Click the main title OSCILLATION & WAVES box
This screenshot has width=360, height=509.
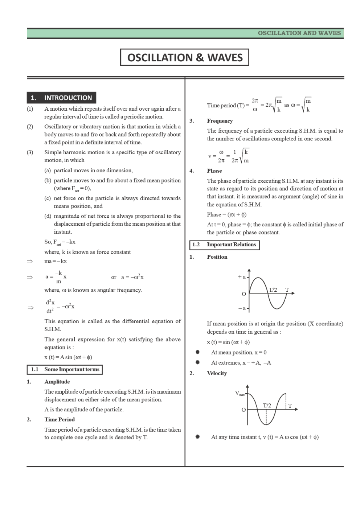184,58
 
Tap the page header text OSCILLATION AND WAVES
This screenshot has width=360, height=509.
299,33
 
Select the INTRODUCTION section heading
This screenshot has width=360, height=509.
61,98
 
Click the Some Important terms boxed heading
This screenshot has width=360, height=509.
65,369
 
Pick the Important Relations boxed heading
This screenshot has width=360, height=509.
225,245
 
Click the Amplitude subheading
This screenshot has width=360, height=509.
57,382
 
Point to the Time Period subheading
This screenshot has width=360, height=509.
60,419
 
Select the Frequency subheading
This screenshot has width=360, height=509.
220,121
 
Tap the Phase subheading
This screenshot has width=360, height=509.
214,171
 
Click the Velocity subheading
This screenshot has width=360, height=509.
217,373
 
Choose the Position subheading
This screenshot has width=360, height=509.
217,257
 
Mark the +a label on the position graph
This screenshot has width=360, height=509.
242,277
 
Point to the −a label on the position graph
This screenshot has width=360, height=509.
242,308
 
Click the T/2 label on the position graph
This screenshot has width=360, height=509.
273,290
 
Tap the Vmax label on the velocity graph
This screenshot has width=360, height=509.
240,393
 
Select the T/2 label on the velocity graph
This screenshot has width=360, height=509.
267,405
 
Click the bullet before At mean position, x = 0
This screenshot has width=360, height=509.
197,352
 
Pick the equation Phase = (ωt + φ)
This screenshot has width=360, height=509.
226,215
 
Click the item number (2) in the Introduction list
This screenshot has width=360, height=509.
30,127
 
